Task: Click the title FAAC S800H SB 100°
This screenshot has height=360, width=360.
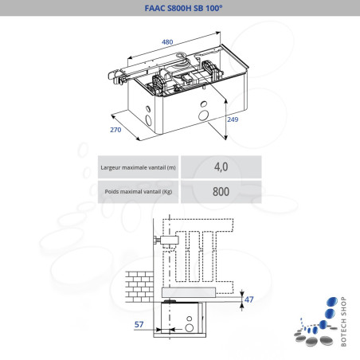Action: tap(179, 7)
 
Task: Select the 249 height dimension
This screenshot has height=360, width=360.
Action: tap(232, 119)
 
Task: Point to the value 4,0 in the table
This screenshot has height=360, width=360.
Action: tap(221, 167)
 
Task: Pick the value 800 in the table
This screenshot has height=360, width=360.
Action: tap(221, 192)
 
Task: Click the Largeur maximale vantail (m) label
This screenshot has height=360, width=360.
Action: tap(138, 167)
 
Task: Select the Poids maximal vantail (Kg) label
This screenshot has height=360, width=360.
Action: tap(138, 192)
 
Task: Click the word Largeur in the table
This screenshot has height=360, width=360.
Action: tap(112, 167)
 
